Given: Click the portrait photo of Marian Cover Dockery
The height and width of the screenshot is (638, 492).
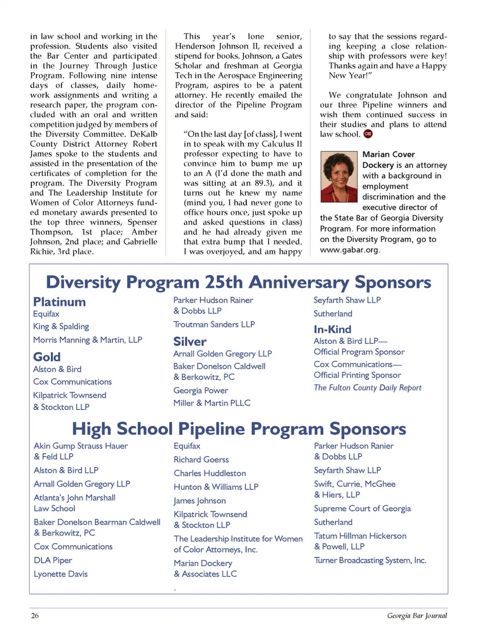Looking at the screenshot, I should click(339, 177).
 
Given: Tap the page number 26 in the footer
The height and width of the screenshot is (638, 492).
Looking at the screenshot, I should click(35, 615).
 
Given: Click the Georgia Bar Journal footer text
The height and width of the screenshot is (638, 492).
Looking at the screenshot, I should click(417, 615).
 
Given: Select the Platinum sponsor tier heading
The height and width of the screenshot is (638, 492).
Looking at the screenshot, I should click(59, 302).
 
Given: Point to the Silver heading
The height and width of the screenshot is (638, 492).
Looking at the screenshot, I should click(190, 341).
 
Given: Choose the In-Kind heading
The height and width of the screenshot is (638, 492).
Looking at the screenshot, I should click(333, 329).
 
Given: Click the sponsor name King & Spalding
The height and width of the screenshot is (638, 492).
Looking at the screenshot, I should click(61, 326).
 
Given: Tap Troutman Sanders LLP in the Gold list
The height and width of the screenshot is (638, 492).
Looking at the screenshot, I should click(214, 324).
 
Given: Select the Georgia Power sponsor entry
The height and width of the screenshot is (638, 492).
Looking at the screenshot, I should click(200, 390).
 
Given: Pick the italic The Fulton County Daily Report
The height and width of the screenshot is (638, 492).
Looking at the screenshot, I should click(367, 388).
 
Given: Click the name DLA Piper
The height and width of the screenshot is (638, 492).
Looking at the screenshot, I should click(53, 560).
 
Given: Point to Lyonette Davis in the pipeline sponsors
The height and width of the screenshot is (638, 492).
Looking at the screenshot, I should click(60, 574).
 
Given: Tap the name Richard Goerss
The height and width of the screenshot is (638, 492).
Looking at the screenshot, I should click(201, 460).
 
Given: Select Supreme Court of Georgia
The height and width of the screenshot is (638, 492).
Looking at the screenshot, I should click(362, 508).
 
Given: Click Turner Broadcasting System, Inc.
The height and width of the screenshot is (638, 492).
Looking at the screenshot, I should click(370, 560).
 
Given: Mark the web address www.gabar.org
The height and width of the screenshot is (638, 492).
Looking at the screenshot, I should click(349, 250).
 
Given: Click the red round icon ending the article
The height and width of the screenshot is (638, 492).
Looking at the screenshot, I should click(368, 134).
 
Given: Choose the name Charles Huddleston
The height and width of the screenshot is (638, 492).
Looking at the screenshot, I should click(210, 473).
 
